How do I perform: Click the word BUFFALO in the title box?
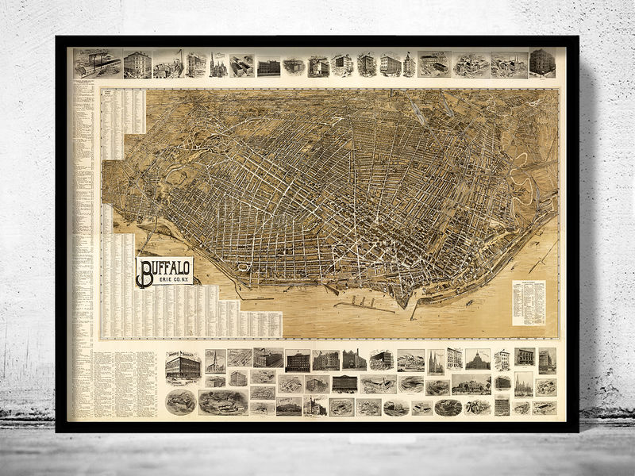coord(169,268)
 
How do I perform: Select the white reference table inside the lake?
coord(529,302)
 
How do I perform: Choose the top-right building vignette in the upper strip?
coord(542,63)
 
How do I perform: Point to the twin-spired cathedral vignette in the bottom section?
coord(436,363)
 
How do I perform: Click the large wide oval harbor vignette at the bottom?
coord(223,402)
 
